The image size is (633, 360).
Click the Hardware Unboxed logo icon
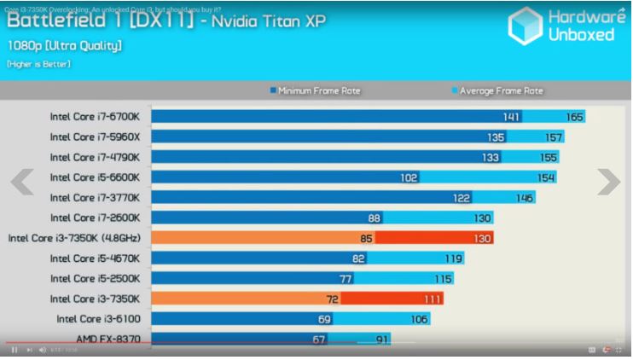[526, 26]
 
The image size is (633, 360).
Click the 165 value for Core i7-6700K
[574, 117]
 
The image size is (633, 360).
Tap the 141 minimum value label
[511, 117]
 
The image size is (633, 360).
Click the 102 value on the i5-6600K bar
[409, 177]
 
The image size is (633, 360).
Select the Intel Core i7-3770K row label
[100, 198]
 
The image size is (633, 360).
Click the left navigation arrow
[22, 181]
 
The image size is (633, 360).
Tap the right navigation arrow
[608, 181]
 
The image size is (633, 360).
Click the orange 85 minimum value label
[366, 238]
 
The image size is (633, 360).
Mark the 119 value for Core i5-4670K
[453, 258]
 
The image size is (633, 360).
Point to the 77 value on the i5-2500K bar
[346, 278]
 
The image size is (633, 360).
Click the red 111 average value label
[433, 299]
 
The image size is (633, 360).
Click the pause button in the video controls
[15, 351]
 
